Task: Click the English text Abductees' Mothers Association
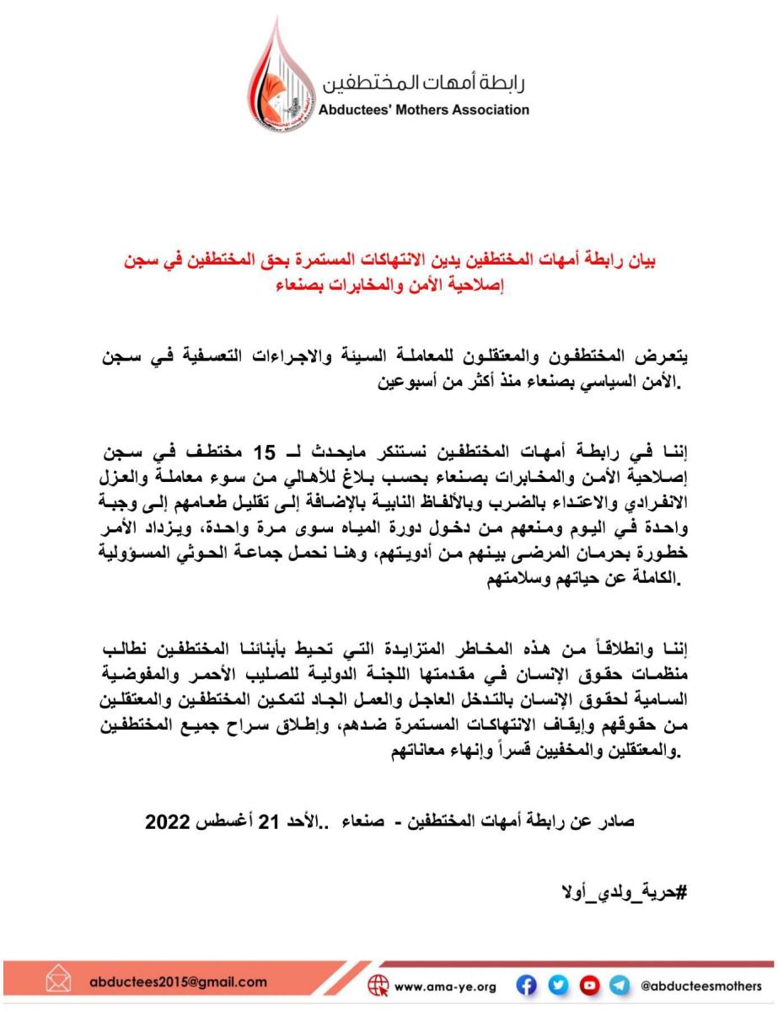tap(424, 110)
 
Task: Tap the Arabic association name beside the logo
tap(425, 83)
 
